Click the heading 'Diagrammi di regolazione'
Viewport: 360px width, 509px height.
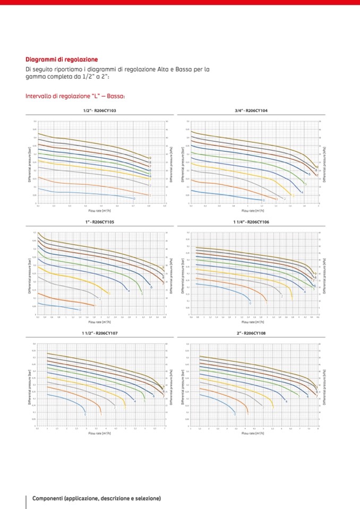pos(62,59)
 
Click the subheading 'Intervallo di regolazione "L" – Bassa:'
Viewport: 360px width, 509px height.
pos(75,96)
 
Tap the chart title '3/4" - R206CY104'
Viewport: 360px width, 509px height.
pos(251,110)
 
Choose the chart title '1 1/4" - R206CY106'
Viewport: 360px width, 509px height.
pos(251,222)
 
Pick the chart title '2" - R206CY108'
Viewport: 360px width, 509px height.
pos(251,333)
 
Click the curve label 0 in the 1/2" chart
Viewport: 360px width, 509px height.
pos(134,199)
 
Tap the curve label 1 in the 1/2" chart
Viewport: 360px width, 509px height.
pos(150,195)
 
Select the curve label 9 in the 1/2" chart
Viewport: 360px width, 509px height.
pos(150,158)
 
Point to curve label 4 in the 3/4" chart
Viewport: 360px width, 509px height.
pos(302,192)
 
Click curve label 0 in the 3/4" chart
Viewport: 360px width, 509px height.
pos(264,201)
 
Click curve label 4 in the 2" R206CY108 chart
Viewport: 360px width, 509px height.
pos(287,402)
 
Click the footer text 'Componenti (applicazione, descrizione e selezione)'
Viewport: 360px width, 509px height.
pos(97,498)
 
